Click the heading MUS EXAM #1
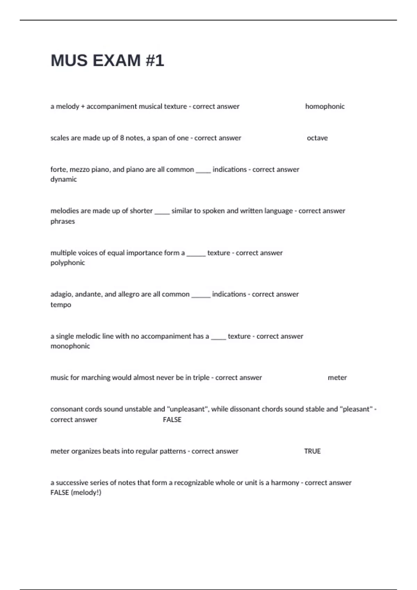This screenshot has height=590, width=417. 107,60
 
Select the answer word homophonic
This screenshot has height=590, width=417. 325,107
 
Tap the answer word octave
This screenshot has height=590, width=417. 317,138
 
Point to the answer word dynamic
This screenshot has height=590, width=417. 64,179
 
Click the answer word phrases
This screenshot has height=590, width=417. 63,221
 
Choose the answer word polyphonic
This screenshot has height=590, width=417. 68,263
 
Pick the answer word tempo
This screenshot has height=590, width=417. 61,305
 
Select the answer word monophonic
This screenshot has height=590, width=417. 70,346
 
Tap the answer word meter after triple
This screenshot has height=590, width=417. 337,378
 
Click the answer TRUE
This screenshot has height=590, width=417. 312,451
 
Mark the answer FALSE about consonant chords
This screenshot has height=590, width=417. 172,420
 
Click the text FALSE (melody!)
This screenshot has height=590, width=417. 76,492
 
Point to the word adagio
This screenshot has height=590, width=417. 61,295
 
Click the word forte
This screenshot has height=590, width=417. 58,170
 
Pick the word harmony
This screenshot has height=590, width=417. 285,483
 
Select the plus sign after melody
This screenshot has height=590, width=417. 83,107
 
